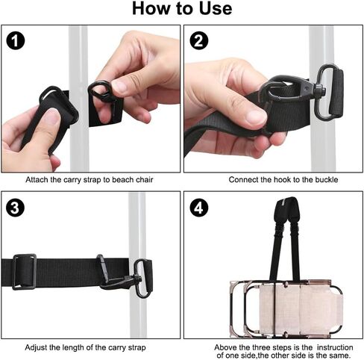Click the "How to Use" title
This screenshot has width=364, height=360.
(x=182, y=9)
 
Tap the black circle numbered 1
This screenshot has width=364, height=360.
(x=16, y=40)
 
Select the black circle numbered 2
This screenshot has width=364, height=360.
(x=199, y=40)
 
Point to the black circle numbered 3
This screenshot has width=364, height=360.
(x=16, y=208)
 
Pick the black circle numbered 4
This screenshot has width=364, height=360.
(x=199, y=208)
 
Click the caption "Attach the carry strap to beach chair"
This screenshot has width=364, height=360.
(x=90, y=180)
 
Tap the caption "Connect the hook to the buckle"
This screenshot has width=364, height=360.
(x=283, y=180)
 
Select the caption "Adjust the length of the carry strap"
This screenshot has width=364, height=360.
(x=85, y=347)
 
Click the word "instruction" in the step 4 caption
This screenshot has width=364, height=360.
(x=335, y=347)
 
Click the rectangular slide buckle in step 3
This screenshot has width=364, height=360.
(x=24, y=272)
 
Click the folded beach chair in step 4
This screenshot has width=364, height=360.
(x=286, y=308)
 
